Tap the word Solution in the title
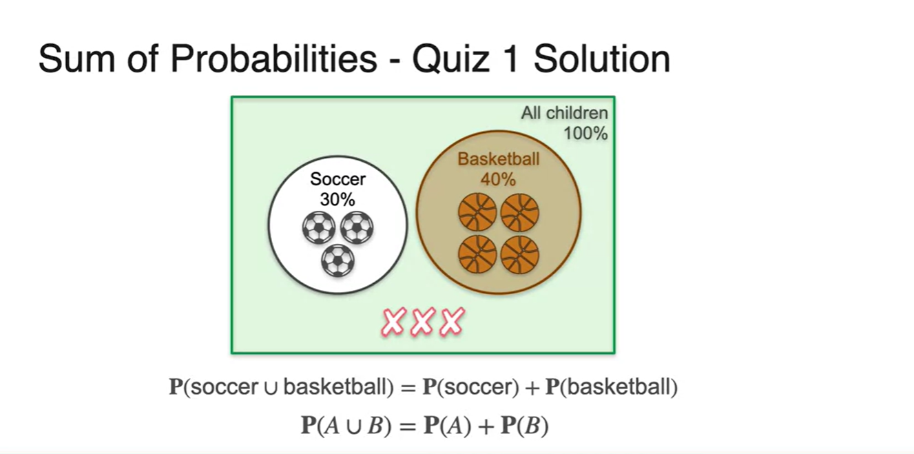pyautogui.click(x=601, y=59)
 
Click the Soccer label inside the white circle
pyautogui.click(x=337, y=180)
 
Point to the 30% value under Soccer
pyautogui.click(x=337, y=199)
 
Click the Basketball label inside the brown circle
pyautogui.click(x=499, y=159)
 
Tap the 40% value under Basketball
pyautogui.click(x=498, y=179)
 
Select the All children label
pyautogui.click(x=564, y=113)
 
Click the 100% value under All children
pyautogui.click(x=585, y=133)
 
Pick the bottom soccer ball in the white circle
pyautogui.click(x=337, y=261)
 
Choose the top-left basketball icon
pyautogui.click(x=477, y=211)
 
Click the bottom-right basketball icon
pyautogui.click(x=519, y=255)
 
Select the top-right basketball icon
pyautogui.click(x=519, y=211)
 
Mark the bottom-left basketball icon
pyautogui.click(x=477, y=255)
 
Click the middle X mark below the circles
pyautogui.click(x=422, y=322)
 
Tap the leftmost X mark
pyautogui.click(x=393, y=322)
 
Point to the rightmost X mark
pyautogui.click(x=452, y=322)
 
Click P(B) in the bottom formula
pyautogui.click(x=523, y=426)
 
